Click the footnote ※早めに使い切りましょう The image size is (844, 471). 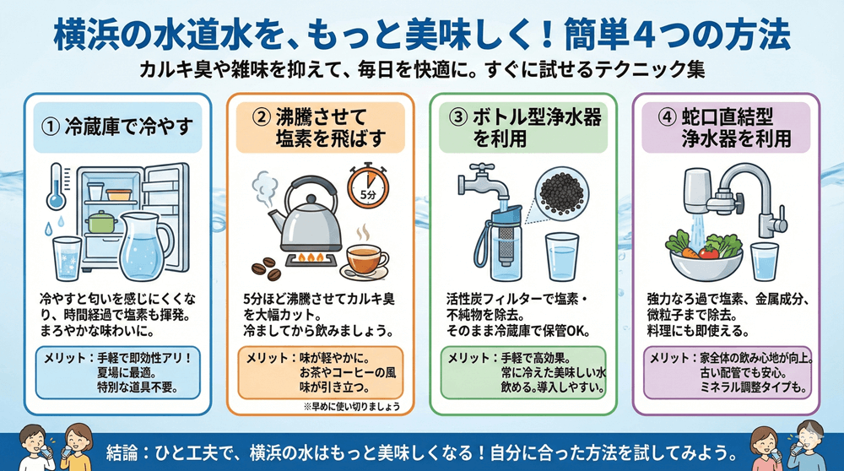350,406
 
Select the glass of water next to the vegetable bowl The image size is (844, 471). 765,260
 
